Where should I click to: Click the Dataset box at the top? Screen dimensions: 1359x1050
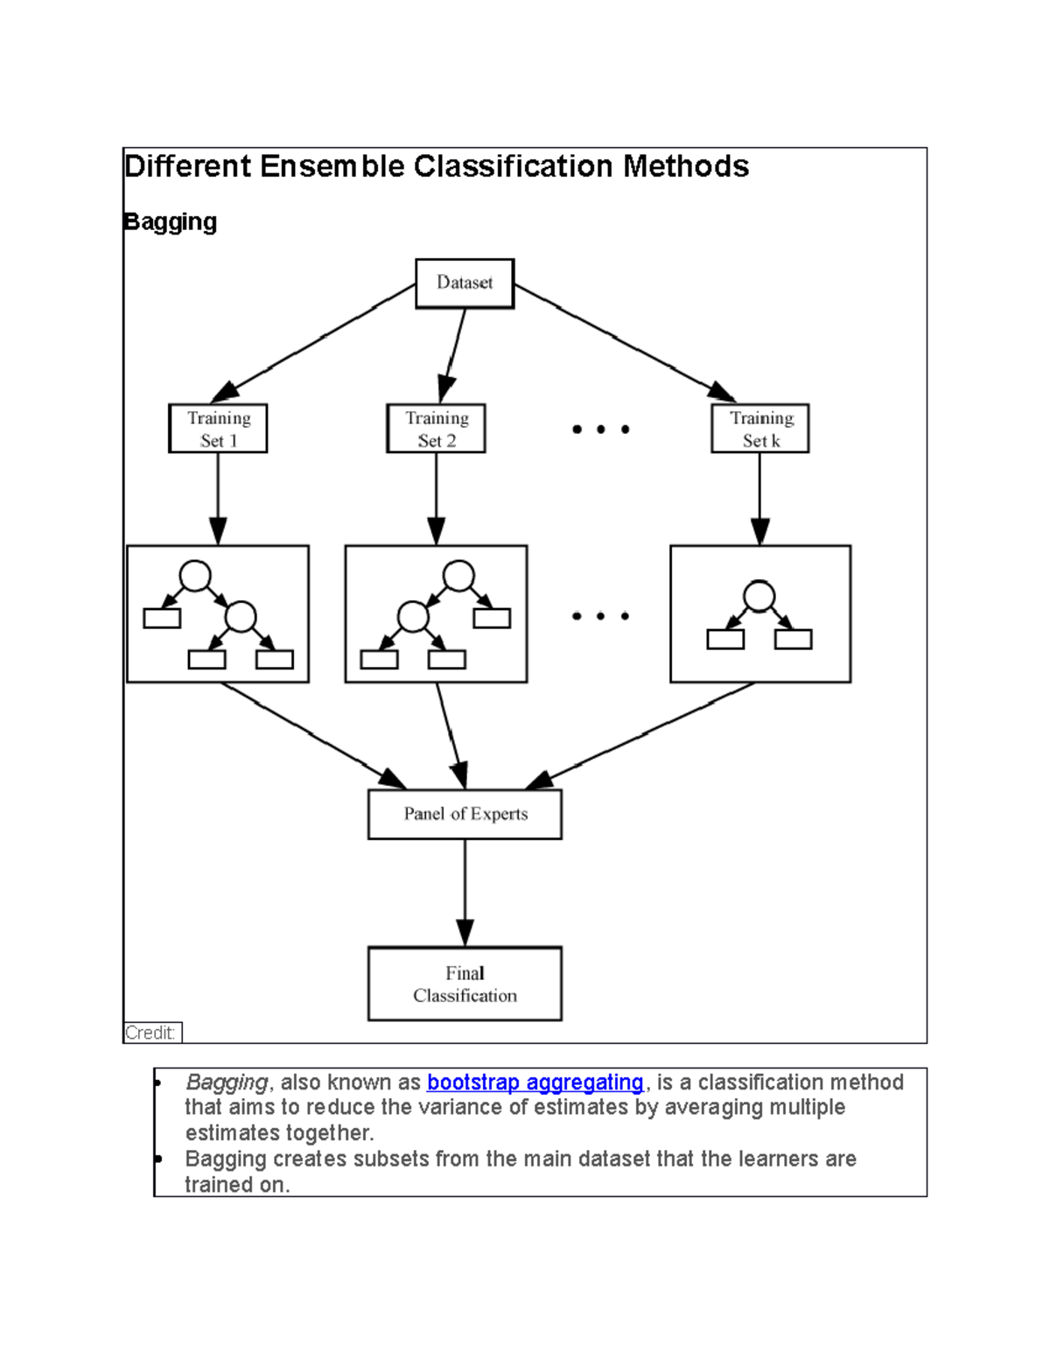coord(465,284)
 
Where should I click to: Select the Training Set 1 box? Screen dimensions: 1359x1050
coord(218,429)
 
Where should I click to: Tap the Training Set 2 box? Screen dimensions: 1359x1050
coord(436,429)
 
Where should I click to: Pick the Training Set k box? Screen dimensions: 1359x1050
coord(759,429)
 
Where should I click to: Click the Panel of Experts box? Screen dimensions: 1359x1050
coord(465,815)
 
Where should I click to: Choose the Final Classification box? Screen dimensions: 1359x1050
coord(465,984)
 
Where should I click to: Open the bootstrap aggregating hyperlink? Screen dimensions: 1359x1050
coord(535,1082)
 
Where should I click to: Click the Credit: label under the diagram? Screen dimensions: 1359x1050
coord(151,1033)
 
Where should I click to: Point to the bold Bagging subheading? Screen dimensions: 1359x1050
coord(171,222)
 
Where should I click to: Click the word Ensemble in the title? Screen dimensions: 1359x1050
coord(332,166)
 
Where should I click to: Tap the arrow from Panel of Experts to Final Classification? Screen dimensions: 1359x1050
coord(465,893)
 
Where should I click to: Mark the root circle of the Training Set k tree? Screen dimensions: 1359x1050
coord(759,597)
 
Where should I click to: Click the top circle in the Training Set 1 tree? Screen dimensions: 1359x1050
coord(195,576)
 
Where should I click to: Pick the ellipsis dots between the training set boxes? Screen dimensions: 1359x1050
coord(600,430)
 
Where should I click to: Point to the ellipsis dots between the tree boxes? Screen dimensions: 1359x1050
coord(600,616)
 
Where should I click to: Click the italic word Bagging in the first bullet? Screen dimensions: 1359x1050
coord(227,1082)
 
